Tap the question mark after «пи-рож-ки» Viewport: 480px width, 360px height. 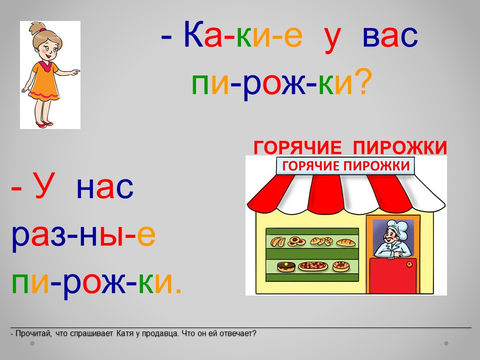tap(363, 81)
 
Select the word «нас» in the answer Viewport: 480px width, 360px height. tap(105, 187)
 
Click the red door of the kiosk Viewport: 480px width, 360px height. tap(393, 276)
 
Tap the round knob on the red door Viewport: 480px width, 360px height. tap(409, 264)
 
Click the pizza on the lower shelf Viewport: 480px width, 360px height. tap(313, 266)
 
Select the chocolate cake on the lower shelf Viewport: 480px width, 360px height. tap(286, 266)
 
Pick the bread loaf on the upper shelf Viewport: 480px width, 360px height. tap(346, 243)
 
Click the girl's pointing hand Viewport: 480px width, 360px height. tap(74, 72)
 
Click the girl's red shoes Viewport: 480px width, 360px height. tap(44, 124)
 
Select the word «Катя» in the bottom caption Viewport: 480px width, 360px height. tap(124, 333)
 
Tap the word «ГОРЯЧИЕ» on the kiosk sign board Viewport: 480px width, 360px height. tap(310, 166)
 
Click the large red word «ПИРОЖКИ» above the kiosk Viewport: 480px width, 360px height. tap(400, 147)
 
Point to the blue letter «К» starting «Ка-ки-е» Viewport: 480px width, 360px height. tap(193, 34)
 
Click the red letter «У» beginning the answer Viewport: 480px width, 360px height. tap(44, 185)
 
